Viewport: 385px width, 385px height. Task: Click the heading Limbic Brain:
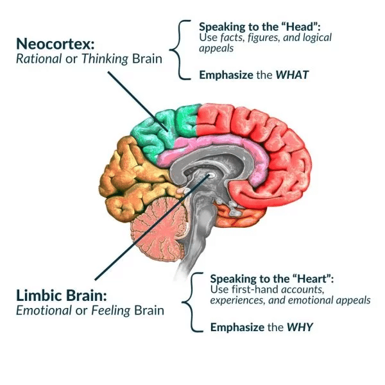point(63,296)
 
